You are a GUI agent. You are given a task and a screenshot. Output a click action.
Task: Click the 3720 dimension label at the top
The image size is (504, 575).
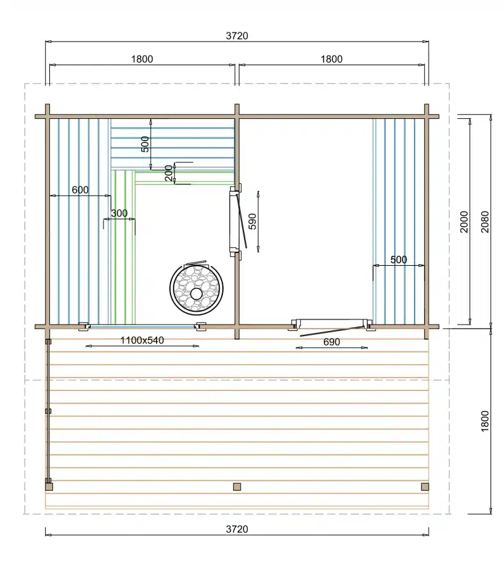[x=237, y=36]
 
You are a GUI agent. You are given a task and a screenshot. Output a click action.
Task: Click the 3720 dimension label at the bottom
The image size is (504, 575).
[x=237, y=529]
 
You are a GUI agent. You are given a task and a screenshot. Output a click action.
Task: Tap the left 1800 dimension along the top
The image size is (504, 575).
[x=142, y=59]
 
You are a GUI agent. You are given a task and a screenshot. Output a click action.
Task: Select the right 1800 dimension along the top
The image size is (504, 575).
[x=332, y=59]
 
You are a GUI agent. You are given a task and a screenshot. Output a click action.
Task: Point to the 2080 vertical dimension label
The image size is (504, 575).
[x=485, y=222]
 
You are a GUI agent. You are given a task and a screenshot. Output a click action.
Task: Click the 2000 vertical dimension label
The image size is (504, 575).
[x=464, y=222]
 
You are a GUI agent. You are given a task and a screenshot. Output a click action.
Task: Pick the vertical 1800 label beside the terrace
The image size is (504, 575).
[x=485, y=422]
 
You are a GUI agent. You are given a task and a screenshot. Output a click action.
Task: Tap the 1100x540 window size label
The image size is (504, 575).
[x=142, y=341]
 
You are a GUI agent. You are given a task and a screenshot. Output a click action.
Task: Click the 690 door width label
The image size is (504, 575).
[x=332, y=342]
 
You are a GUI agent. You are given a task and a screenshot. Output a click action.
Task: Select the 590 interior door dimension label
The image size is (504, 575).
[x=252, y=221]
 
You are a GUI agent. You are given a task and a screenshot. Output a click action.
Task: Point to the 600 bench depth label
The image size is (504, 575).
[x=80, y=190]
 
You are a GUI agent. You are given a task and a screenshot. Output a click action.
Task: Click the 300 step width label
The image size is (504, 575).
[x=119, y=213]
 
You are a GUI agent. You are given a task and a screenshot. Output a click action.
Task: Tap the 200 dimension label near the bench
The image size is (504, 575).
[x=169, y=173]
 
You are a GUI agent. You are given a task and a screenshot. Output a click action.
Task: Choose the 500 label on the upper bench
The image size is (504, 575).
[x=145, y=144]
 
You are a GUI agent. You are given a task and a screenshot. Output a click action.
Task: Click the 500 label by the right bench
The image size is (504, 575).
[x=399, y=259]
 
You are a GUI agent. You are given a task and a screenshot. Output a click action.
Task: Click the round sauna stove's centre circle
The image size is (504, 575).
[x=196, y=293]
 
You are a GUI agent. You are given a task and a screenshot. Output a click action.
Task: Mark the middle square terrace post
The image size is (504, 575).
[x=237, y=487]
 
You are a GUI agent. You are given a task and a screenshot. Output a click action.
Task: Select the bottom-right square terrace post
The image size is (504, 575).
[x=425, y=487]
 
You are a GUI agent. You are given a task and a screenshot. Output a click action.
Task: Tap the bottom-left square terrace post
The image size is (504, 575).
[x=49, y=487]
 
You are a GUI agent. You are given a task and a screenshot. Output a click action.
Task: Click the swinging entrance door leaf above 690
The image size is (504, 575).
[x=331, y=330]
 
